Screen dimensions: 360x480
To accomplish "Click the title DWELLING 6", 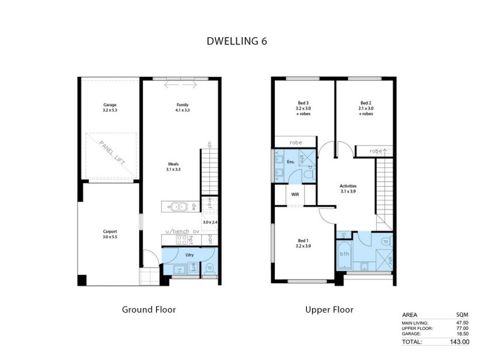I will click(x=237, y=41).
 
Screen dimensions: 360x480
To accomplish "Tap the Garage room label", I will click(x=109, y=104).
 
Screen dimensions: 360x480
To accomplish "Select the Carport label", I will click(x=109, y=231).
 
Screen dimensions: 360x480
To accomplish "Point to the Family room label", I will click(x=174, y=104).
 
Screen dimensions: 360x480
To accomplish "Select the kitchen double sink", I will click(x=180, y=207).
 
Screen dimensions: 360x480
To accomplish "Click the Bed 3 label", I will click(x=303, y=103).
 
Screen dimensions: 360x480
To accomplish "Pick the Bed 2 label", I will click(x=366, y=103).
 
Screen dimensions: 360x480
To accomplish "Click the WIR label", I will click(x=295, y=194).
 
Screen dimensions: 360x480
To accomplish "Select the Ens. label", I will click(x=290, y=161).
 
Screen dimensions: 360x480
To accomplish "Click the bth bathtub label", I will click(x=344, y=254).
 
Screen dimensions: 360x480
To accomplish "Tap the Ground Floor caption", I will click(x=149, y=310).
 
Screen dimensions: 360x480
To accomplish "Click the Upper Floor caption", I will click(x=329, y=310).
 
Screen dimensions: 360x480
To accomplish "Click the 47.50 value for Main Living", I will click(x=461, y=323).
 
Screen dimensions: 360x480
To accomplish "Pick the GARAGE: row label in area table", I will click(x=412, y=334).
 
